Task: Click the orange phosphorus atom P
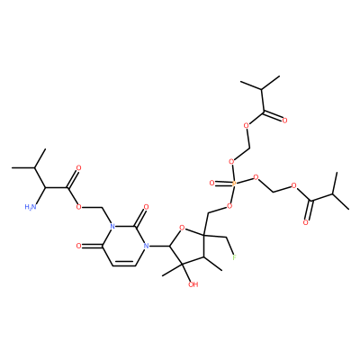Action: point(235,183)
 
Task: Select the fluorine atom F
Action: point(235,257)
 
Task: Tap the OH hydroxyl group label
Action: point(193,284)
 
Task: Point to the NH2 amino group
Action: point(30,206)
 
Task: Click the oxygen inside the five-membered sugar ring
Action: point(181,229)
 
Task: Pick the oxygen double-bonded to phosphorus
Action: point(212,183)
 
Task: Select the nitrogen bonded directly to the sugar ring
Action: point(147,246)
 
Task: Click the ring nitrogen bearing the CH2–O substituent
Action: point(112,226)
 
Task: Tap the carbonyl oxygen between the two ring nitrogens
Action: point(147,207)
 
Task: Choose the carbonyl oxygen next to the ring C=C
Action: point(78,246)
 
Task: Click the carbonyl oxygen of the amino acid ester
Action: point(78,167)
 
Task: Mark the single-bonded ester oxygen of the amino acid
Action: point(78,207)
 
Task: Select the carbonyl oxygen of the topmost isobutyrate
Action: point(284,121)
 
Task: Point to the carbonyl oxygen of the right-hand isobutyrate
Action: point(305,222)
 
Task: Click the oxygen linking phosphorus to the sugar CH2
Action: point(229,205)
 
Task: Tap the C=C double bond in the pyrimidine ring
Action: point(123,265)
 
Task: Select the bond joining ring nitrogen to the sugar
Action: point(160,247)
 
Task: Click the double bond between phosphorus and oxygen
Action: point(224,183)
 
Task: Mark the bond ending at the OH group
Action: point(186,273)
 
